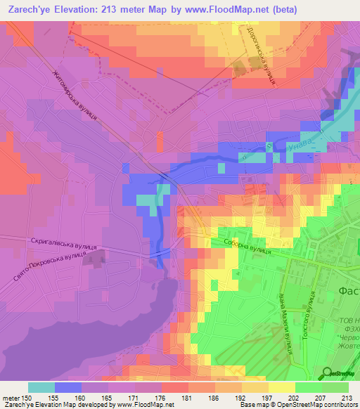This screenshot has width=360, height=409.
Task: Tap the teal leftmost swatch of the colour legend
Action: pos(41,387)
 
